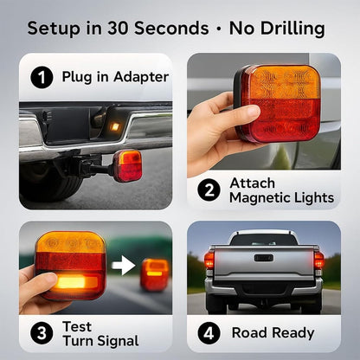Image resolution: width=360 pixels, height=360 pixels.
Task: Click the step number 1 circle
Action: tap(38, 77)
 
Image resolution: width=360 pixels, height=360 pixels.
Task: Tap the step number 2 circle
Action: tap(208, 190)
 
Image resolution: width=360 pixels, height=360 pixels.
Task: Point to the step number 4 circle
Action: tap(208, 332)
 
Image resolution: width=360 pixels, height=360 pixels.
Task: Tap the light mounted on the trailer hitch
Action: tap(128, 164)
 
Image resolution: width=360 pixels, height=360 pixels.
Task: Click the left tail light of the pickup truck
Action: tap(209, 260)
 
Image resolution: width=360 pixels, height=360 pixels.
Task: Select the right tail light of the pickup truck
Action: tap(319, 260)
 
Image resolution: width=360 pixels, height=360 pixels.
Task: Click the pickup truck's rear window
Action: tap(264, 239)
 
